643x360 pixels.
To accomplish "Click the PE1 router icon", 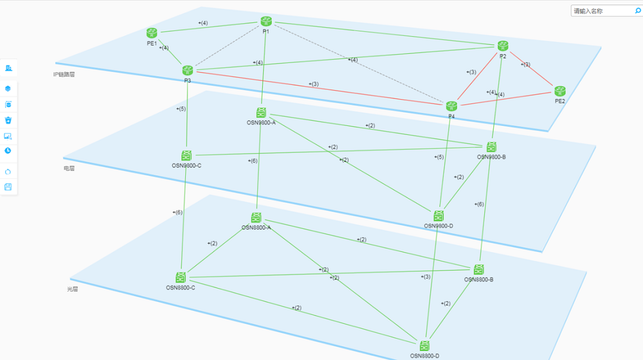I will point(152,33).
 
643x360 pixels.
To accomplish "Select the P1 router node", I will point(266,22).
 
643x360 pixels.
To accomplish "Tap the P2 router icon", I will point(503,46).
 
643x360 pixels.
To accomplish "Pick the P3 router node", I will point(187,71).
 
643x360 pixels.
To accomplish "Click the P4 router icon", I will point(451,106).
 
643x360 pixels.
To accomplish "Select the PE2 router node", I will point(560,91).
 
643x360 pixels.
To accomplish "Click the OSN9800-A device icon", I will point(261,113).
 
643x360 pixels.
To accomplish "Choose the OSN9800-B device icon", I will point(491,147).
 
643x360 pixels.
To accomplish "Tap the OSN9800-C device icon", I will point(187,156).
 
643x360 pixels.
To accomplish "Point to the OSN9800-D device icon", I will point(439,216).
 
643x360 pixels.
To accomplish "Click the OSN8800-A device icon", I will point(256,218).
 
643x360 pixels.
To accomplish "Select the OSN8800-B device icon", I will point(479,269).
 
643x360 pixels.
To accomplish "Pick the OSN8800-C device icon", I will point(181,278).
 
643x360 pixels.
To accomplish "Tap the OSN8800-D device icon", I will point(425,346).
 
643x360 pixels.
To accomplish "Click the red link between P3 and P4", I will point(321,88).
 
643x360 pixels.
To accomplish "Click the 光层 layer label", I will point(73,289).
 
